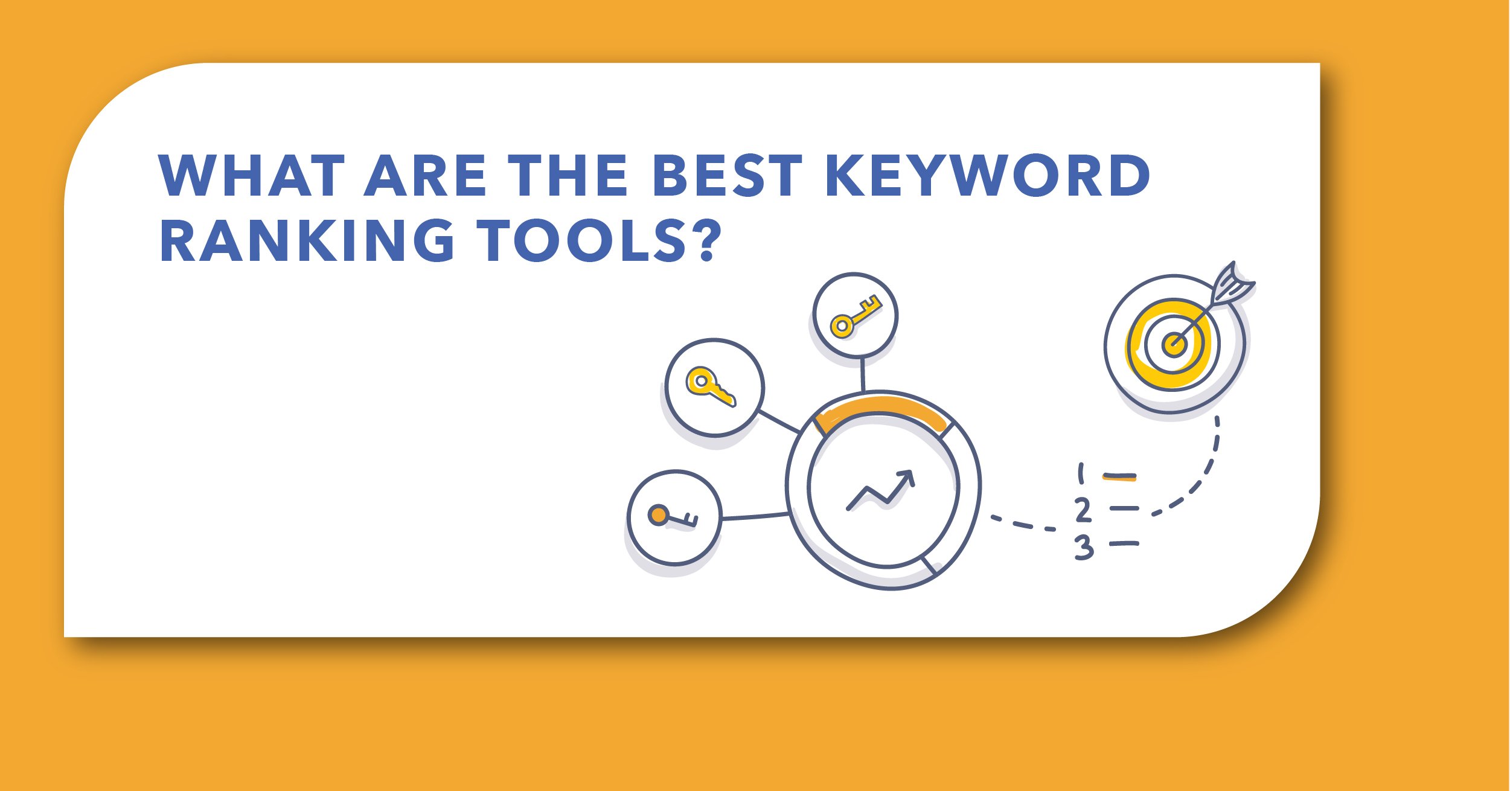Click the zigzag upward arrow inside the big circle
click(x=881, y=490)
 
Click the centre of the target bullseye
click(x=1173, y=345)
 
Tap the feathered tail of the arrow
click(x=1232, y=284)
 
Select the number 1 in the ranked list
click(x=1081, y=473)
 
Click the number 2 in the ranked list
click(x=1083, y=510)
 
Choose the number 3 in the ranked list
click(x=1084, y=548)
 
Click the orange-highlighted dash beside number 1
click(x=1119, y=477)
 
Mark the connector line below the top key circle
click(x=862, y=375)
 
